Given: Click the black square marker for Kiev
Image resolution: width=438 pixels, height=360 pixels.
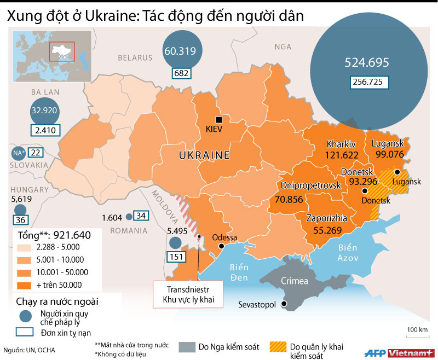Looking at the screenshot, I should tap(219, 120).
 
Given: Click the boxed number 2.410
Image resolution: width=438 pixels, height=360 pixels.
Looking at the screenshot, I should tap(45, 131).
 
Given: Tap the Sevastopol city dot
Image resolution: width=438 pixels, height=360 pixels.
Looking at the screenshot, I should tap(284, 304).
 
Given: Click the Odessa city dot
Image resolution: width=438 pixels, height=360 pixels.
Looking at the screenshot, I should tap(222, 247).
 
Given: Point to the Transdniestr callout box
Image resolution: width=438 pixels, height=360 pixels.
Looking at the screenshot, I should tap(187, 294).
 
